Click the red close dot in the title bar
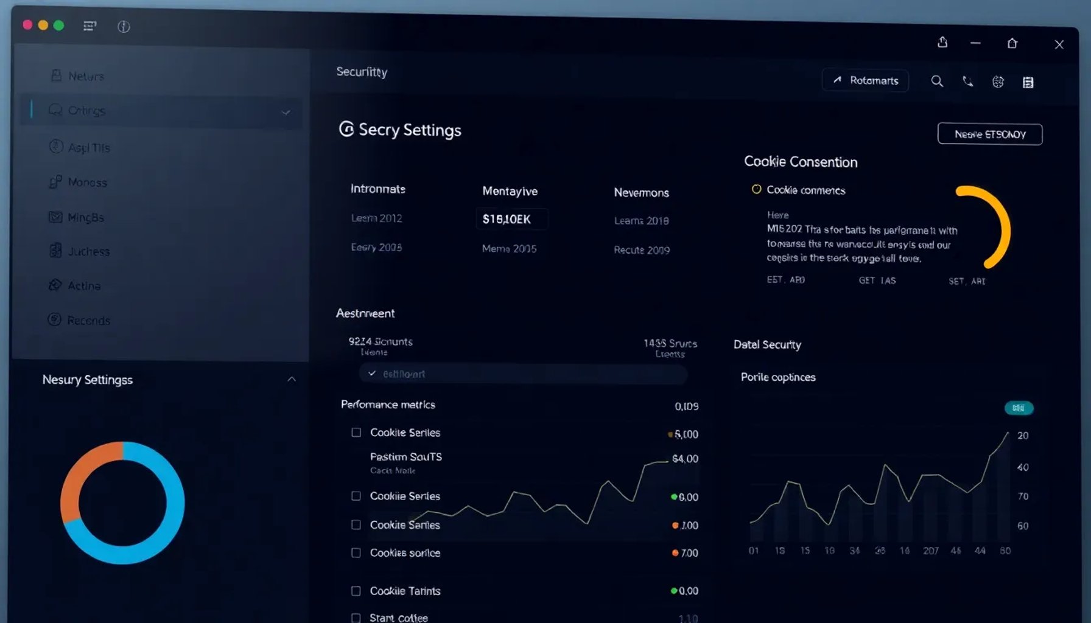click(27, 25)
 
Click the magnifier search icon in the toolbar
click(937, 82)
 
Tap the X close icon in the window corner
click(1059, 44)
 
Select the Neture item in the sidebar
click(85, 76)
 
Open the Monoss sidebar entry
click(87, 182)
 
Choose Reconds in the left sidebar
click(88, 320)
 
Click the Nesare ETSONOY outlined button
click(989, 134)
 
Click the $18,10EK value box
click(510, 219)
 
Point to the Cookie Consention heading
click(800, 162)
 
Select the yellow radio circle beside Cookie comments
click(756, 189)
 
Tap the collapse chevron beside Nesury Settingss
click(292, 379)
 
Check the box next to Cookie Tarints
click(356, 591)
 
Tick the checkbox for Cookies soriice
click(356, 552)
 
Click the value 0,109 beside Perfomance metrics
click(686, 406)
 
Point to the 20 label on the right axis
click(1023, 436)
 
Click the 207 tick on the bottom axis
click(930, 551)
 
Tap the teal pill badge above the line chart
click(1018, 408)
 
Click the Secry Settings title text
click(409, 130)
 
